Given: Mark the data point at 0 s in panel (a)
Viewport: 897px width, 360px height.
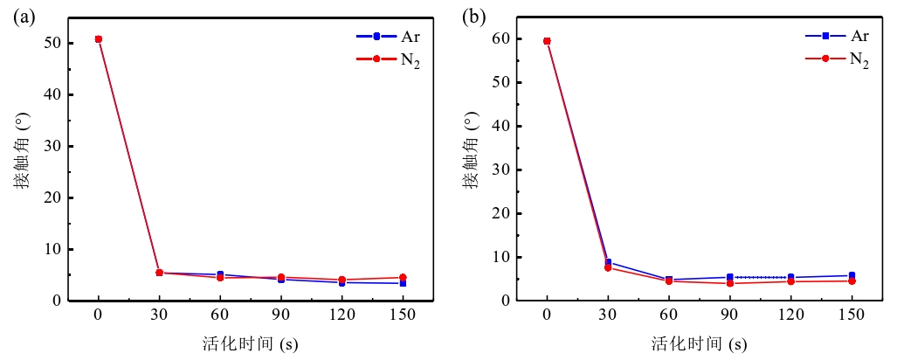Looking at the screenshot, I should point(99,39).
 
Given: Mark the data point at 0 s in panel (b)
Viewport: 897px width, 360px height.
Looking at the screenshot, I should point(548,41).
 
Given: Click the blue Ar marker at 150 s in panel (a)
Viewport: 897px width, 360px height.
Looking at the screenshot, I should point(403,283).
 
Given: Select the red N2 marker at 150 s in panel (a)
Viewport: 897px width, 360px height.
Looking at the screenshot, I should point(403,277).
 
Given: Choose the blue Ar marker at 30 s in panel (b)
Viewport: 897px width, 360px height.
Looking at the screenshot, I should point(609,262).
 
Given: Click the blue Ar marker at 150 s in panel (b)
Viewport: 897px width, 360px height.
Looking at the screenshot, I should point(852,275).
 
